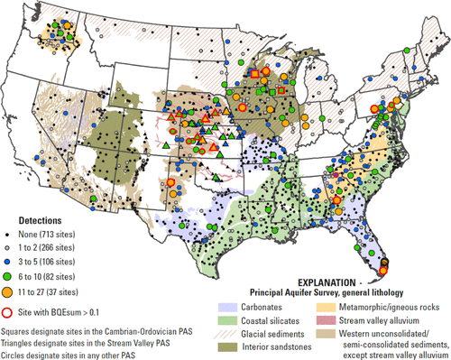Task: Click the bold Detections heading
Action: click(x=37, y=220)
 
